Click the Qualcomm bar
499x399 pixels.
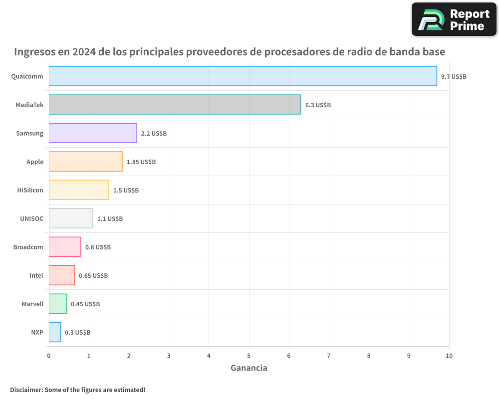coord(243,76)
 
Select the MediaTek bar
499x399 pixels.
coord(175,105)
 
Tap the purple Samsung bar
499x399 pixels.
coord(93,133)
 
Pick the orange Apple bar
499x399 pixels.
coord(86,162)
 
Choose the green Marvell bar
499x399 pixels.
coord(58,304)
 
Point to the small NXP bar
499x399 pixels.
coord(55,332)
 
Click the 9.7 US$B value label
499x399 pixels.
coord(454,76)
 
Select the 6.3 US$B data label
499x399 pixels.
coord(318,105)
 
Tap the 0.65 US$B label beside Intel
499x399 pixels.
coord(93,275)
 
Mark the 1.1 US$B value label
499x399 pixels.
coord(110,218)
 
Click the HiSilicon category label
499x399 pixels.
coord(30,190)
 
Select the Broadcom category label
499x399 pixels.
coord(28,247)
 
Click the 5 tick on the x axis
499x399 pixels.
coord(249,356)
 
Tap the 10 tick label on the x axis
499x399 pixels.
coord(449,356)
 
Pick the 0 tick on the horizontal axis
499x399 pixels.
coord(49,356)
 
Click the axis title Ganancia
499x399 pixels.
coord(249,368)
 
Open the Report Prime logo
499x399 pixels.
coord(454,19)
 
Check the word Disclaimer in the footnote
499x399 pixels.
coord(25,390)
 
